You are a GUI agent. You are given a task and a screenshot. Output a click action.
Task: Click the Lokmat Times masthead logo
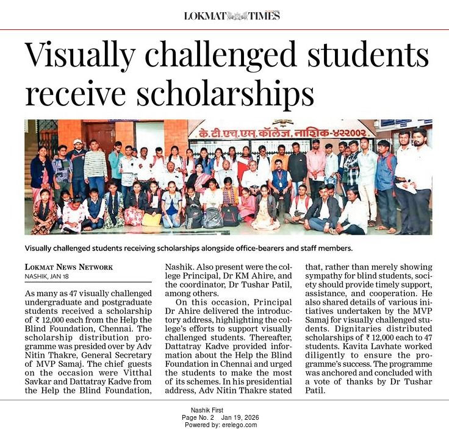click(232, 16)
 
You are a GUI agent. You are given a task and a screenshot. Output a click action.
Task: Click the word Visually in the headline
click(85, 56)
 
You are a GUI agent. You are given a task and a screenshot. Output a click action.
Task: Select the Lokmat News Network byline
click(69, 267)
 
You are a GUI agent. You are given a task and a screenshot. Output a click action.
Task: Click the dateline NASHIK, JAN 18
click(51, 276)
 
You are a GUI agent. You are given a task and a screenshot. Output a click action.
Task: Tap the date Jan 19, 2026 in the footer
click(243, 417)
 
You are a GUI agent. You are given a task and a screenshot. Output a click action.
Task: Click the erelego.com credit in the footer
click(239, 425)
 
